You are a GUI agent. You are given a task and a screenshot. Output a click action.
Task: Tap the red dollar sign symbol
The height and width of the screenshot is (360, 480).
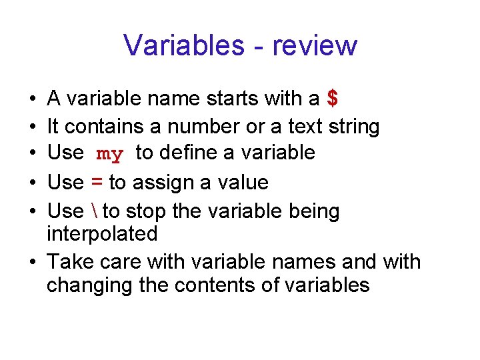333,99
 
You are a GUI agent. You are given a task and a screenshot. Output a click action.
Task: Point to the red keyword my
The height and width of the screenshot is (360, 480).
110,154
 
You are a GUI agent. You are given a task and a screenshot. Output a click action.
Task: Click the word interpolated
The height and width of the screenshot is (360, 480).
102,234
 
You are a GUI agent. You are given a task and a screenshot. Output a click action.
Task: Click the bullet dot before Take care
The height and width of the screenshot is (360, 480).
33,261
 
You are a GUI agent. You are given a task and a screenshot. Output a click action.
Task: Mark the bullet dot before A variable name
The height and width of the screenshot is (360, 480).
33,99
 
